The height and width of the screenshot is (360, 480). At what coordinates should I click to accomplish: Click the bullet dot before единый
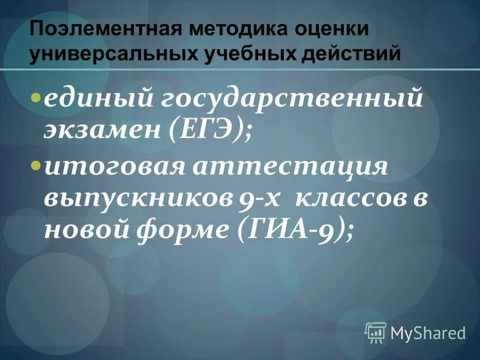click(x=36, y=97)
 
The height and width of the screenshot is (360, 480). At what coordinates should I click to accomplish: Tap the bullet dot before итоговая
click(x=36, y=163)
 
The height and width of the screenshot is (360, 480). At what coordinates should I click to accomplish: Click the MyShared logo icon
click(x=376, y=331)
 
